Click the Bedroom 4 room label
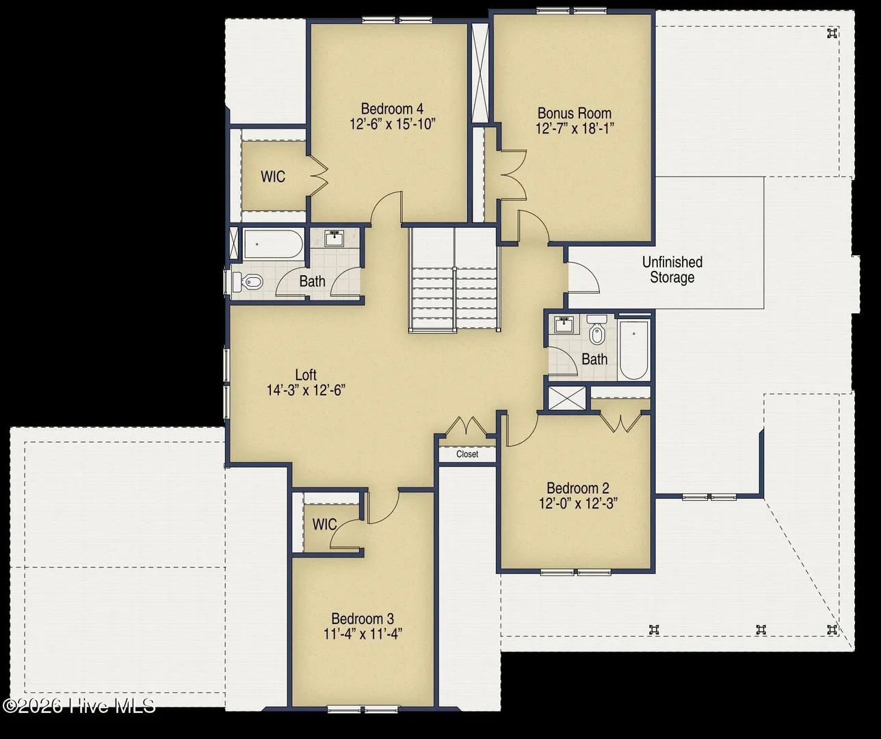pyautogui.click(x=392, y=109)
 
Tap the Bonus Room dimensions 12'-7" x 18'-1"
pyautogui.click(x=575, y=129)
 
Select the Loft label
pyautogui.click(x=306, y=375)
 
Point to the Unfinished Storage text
pyautogui.click(x=672, y=270)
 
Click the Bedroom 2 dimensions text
pyautogui.click(x=578, y=504)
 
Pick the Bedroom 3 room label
pyautogui.click(x=363, y=619)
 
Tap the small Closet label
pyautogui.click(x=467, y=454)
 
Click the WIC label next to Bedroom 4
pyautogui.click(x=273, y=177)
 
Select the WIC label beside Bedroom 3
pyautogui.click(x=324, y=525)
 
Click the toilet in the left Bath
pyautogui.click(x=248, y=281)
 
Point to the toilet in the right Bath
pyautogui.click(x=596, y=330)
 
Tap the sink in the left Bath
pyautogui.click(x=335, y=238)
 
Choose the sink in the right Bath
pyautogui.click(x=564, y=324)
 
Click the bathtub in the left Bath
pyautogui.click(x=274, y=244)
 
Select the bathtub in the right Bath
pyautogui.click(x=633, y=350)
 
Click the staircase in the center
pyautogui.click(x=454, y=279)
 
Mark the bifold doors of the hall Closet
pyautogui.click(x=466, y=426)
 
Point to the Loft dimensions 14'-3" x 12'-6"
pyautogui.click(x=306, y=390)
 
